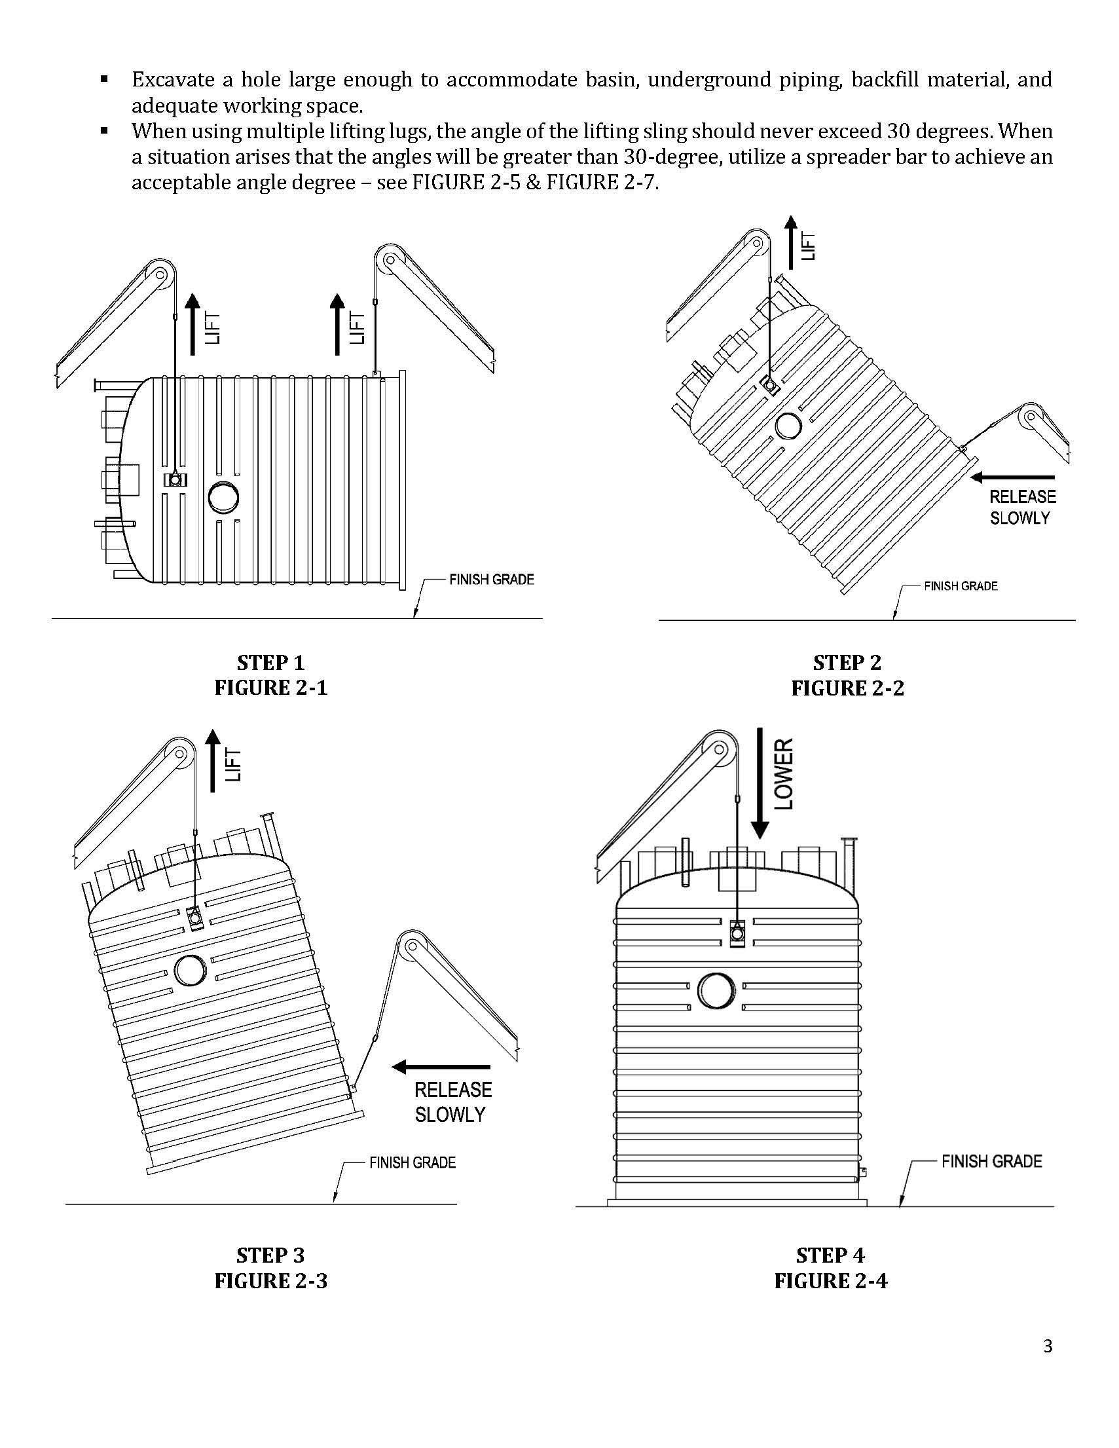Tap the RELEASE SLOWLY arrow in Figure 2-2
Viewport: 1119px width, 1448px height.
coord(1012,477)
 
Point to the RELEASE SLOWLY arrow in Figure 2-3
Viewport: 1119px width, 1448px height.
coord(441,1067)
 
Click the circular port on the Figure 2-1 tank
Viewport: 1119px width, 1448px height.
coord(223,498)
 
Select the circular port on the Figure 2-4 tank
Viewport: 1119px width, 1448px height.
coord(716,993)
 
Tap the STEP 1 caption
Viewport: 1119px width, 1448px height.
coord(270,662)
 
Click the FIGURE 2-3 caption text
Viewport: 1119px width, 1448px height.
coord(270,1280)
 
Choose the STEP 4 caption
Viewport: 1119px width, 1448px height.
coord(830,1255)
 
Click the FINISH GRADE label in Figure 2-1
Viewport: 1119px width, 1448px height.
coord(491,580)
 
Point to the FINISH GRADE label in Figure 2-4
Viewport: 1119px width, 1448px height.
coord(992,1161)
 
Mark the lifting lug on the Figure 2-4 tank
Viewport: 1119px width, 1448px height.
coord(737,933)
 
